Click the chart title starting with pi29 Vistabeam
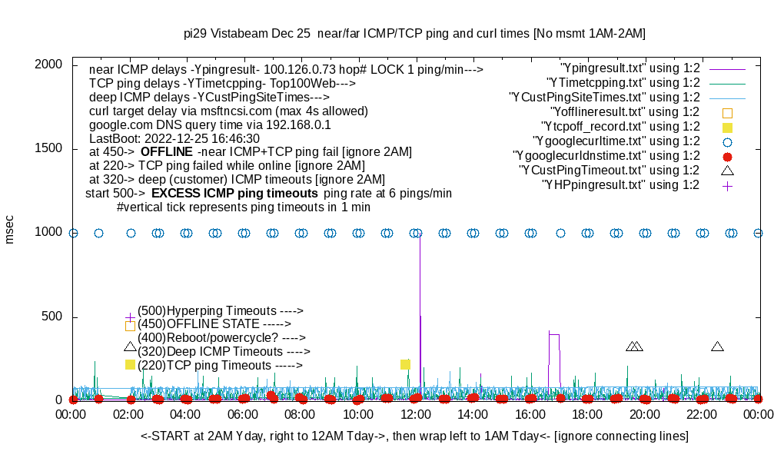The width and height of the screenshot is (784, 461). (414, 33)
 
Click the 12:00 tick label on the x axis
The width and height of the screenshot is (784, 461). (416, 414)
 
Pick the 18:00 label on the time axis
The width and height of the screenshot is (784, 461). (587, 414)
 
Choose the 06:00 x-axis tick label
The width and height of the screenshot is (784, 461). (244, 414)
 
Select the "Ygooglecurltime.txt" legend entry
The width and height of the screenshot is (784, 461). (616, 141)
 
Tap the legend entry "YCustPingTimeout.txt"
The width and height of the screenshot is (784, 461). (609, 171)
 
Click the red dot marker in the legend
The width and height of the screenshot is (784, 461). (727, 156)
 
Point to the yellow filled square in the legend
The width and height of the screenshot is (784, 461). (727, 127)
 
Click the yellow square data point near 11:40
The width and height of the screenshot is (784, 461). (405, 364)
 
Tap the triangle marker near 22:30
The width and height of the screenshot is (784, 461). (717, 347)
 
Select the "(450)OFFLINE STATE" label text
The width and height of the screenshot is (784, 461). (209, 324)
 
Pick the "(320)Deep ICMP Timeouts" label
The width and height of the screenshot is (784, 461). (224, 352)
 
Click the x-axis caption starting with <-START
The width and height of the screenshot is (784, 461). (414, 436)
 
